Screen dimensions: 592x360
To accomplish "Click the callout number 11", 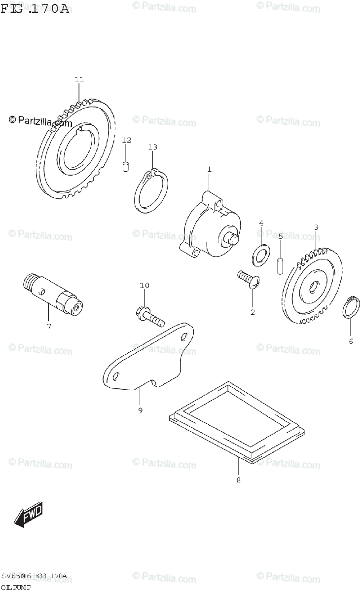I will pos(79,79).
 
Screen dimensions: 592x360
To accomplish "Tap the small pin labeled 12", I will pos(126,166).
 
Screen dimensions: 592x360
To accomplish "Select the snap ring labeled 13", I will pos(151,191).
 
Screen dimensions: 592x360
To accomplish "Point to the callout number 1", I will pos(209,169).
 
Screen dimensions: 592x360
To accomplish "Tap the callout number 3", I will pos(316,227).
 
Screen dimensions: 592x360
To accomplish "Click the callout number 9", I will pos(140,410).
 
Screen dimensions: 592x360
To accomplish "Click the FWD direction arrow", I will pos(29,515).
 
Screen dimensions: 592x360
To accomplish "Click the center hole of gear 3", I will pos(313,287).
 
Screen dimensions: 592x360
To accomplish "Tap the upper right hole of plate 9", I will pos(183,337).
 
